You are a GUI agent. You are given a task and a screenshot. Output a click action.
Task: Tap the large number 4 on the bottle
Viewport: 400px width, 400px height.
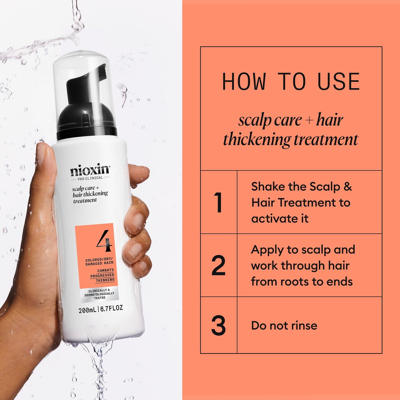(x=104, y=240)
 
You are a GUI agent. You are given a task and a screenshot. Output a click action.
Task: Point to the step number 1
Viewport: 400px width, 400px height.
(x=218, y=202)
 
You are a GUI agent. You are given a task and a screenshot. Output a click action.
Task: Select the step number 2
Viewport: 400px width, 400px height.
(x=218, y=265)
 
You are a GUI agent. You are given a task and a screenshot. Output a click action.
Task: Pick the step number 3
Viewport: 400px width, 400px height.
(x=218, y=326)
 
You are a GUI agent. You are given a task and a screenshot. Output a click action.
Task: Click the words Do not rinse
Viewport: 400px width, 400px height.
(x=284, y=326)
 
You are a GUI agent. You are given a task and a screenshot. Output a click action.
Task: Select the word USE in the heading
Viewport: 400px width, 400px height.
(x=339, y=82)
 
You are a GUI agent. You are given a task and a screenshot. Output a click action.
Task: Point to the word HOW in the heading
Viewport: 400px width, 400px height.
(x=244, y=82)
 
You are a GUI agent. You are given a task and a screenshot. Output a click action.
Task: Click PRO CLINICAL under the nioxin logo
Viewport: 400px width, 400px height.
(x=90, y=178)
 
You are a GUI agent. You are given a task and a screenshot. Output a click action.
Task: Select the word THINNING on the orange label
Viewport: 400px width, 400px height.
(x=105, y=280)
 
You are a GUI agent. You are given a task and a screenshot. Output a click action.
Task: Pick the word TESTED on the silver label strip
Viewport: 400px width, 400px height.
(x=100, y=298)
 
